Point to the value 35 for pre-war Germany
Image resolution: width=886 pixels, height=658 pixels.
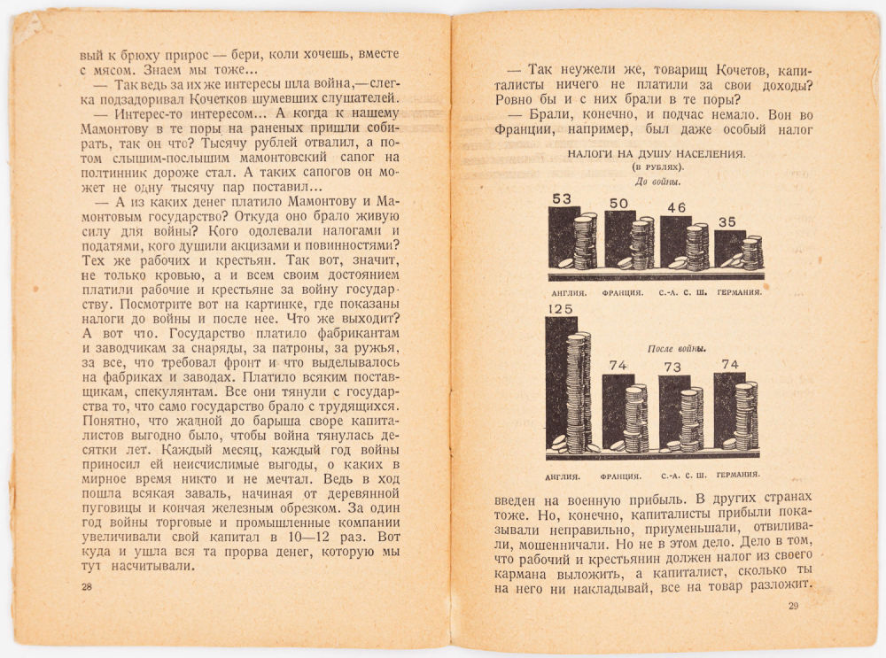[727, 222]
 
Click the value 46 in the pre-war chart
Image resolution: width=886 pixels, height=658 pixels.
[675, 208]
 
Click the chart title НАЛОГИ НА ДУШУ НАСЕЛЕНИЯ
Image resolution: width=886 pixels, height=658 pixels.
[656, 153]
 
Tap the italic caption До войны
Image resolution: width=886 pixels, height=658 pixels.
[656, 182]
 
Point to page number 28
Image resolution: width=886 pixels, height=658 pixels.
[86, 587]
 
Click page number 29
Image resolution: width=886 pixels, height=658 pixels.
[793, 606]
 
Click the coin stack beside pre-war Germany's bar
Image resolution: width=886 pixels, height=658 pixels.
[751, 252]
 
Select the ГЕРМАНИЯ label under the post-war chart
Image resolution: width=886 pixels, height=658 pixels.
[737, 473]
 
